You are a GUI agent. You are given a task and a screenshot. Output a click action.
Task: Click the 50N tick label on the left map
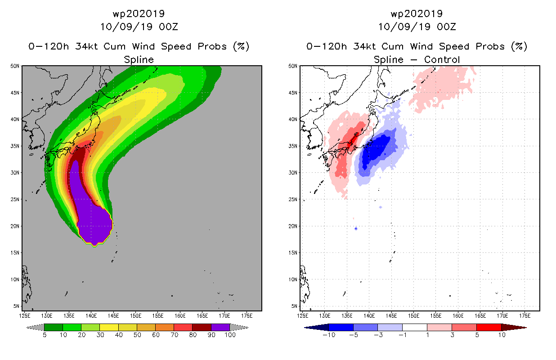[x=15, y=66]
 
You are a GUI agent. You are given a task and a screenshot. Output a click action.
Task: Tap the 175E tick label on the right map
[x=525, y=316]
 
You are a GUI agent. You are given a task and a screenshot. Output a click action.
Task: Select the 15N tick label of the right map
[x=293, y=253]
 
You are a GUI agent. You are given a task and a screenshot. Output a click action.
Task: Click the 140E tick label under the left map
[x=91, y=316]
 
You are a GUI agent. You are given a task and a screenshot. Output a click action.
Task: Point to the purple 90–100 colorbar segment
[x=220, y=327]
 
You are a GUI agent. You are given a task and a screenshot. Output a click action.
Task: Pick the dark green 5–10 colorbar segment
[x=54, y=327]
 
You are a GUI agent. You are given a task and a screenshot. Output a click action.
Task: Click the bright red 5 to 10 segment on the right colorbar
[x=489, y=327]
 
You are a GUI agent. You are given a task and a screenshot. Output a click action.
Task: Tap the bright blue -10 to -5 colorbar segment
[x=341, y=327]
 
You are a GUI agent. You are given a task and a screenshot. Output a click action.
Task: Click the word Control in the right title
[x=442, y=59]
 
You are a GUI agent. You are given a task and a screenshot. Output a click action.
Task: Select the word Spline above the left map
[x=139, y=60]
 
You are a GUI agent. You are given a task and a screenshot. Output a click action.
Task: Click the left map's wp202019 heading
[x=139, y=14]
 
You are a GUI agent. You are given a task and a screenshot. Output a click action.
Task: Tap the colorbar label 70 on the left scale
[x=174, y=335]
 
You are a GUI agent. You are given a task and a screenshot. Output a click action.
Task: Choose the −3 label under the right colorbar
[x=378, y=335]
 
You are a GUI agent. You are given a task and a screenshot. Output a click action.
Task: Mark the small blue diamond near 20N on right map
[x=356, y=229]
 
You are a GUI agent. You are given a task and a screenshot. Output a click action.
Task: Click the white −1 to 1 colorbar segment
[x=415, y=327]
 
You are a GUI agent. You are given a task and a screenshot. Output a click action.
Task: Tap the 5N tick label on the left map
[x=16, y=306]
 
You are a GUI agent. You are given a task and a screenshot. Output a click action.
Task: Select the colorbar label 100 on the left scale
[x=230, y=335]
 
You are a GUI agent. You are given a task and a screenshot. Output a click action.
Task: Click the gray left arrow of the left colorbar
[x=35, y=327]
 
